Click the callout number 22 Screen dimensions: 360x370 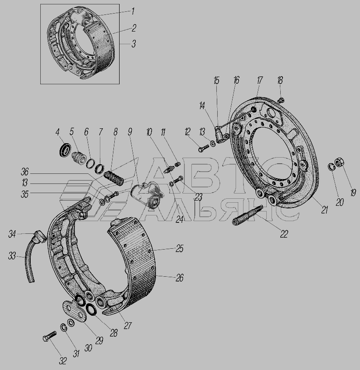click(x=284, y=234)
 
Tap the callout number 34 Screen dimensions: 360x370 click(x=12, y=234)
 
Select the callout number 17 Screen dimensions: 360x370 click(x=259, y=80)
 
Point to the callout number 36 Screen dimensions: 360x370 click(x=25, y=172)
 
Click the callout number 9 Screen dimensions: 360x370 click(x=130, y=132)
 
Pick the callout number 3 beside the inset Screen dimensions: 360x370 click(x=134, y=44)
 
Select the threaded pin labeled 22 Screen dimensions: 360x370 click(x=247, y=215)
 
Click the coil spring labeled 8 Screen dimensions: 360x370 click(x=114, y=178)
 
